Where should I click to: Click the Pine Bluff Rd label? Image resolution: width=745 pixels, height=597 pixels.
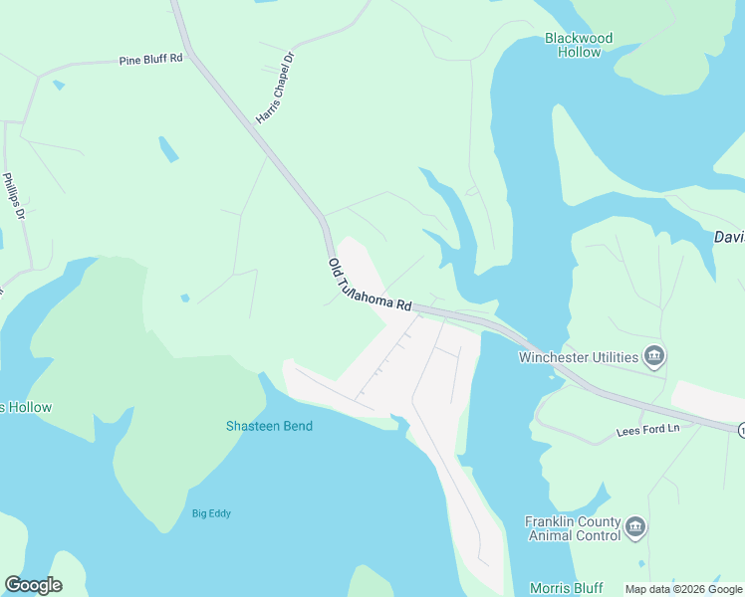(151, 60)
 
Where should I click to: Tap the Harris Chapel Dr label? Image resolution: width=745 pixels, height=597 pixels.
(277, 89)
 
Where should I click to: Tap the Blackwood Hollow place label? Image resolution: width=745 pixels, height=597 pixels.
(579, 45)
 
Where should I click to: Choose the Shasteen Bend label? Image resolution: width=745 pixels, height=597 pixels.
(269, 426)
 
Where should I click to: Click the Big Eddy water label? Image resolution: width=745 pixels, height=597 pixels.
(212, 513)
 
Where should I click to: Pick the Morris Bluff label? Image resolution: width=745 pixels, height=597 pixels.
(565, 587)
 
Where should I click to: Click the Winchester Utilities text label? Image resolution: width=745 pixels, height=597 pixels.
(578, 357)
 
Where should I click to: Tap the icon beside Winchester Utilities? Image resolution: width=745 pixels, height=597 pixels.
(654, 355)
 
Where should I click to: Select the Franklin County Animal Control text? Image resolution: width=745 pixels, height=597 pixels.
(572, 527)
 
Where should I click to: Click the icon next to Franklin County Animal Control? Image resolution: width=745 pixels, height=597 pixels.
(635, 526)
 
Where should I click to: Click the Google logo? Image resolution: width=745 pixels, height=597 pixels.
(33, 585)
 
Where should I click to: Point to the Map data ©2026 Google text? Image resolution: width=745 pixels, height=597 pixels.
(683, 589)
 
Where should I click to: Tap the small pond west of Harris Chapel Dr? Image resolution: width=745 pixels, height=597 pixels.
(168, 149)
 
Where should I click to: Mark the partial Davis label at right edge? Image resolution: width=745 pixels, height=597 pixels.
(729, 237)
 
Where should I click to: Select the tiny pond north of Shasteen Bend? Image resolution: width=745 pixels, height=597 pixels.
(185, 298)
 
